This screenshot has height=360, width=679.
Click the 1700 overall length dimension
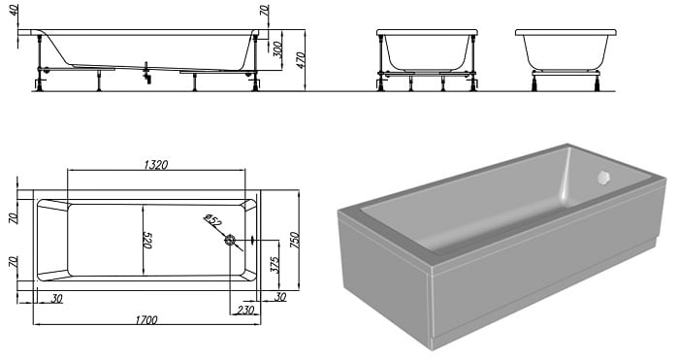coord(146,320)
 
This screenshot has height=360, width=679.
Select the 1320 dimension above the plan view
coord(155,165)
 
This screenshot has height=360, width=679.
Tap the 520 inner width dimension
coord(147,239)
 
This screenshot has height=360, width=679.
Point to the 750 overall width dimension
coord(294,240)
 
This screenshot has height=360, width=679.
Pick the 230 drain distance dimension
coord(245,310)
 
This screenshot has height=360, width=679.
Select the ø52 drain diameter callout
coord(212,220)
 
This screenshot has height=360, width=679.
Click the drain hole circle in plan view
coord(230,240)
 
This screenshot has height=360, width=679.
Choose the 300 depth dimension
coord(278,49)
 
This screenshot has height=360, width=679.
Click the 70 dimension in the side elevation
coord(265,11)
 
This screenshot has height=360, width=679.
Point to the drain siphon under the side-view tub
coord(147,73)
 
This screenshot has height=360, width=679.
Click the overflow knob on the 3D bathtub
coord(603,178)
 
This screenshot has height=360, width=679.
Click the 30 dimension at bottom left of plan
coord(56,299)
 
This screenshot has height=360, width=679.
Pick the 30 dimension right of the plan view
coord(280,297)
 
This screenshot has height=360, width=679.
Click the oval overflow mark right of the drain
coord(253,240)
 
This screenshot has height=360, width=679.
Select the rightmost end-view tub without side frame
coord(566,60)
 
